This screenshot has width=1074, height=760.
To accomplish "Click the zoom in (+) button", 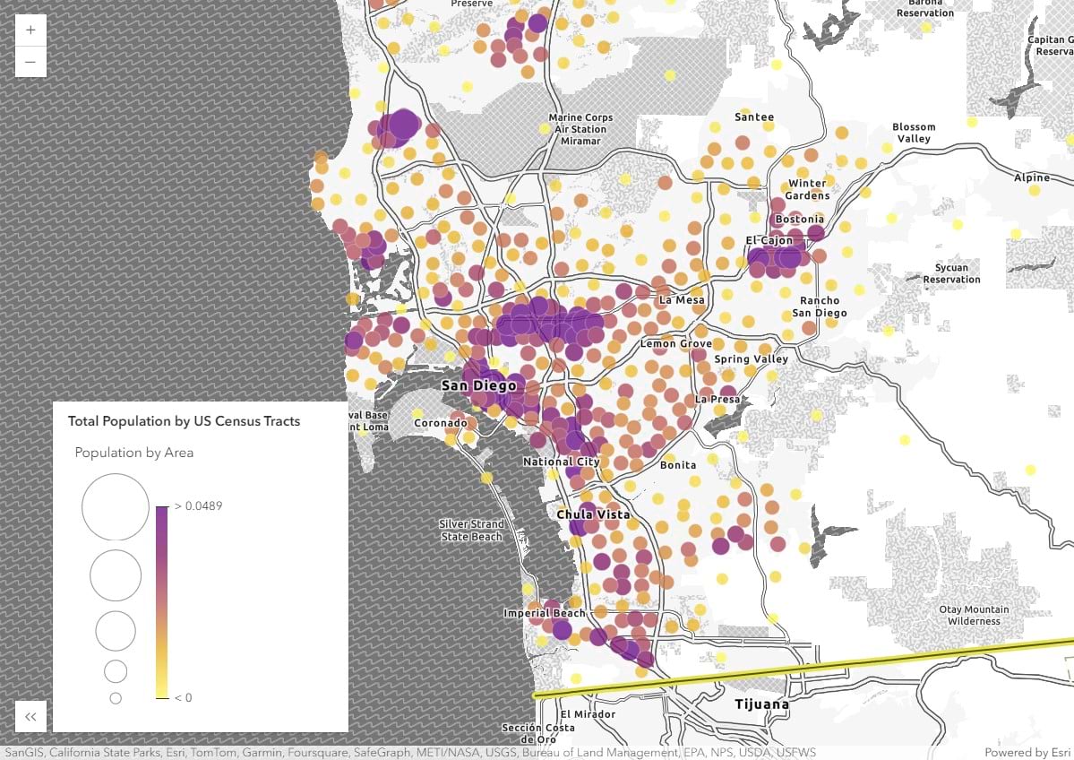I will (x=30, y=30).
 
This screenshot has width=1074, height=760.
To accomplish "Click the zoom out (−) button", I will (x=30, y=61).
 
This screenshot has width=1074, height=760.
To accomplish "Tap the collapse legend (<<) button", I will (x=30, y=716).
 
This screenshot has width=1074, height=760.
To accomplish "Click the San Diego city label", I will (x=478, y=385).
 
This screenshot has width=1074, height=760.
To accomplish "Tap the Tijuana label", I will (x=761, y=704).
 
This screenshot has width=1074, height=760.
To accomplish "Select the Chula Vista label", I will (x=593, y=515).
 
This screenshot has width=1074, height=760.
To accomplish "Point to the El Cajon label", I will (x=769, y=240).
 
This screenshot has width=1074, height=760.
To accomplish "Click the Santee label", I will (x=754, y=117).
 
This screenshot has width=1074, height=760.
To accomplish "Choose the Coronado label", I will (x=440, y=422).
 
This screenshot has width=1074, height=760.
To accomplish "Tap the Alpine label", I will (x=1031, y=177).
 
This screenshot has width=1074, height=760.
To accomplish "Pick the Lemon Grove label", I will (x=675, y=343).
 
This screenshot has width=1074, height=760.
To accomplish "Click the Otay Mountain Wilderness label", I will (x=975, y=615).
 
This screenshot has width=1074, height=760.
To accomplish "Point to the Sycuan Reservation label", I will (x=951, y=273).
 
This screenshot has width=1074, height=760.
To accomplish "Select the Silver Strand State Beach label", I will (x=471, y=530).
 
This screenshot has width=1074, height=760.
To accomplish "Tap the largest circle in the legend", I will (x=115, y=506).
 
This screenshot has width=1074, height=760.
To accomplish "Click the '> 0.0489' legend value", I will (x=198, y=506).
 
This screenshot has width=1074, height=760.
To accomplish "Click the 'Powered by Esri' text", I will (x=1027, y=752).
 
